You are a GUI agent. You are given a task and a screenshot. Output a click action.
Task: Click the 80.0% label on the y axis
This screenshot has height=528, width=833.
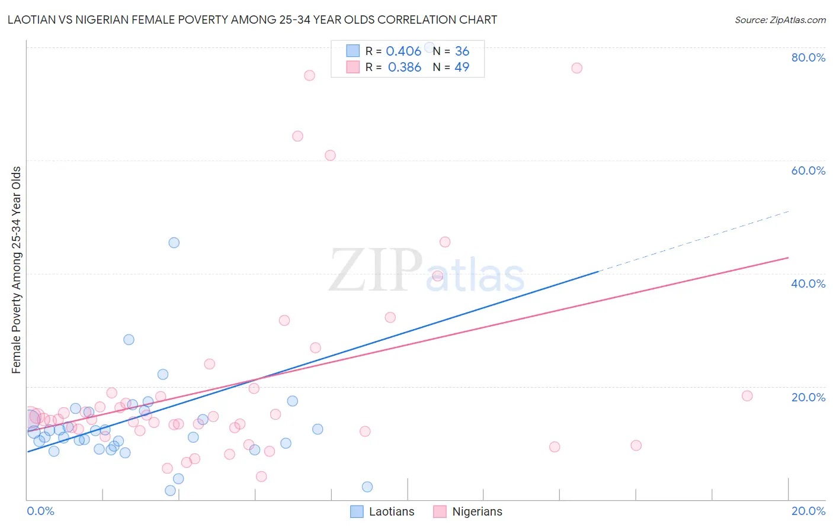808,57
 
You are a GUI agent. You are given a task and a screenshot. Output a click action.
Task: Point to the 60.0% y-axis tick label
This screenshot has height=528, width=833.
808,170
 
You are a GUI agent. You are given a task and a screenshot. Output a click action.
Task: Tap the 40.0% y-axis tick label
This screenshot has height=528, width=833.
808,284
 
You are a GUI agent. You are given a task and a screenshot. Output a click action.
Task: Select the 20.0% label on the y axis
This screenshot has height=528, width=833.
808,397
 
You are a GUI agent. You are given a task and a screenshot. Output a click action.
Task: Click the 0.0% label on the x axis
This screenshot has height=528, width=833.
40,511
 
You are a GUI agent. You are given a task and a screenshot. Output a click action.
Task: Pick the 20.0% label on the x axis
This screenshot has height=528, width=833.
808,511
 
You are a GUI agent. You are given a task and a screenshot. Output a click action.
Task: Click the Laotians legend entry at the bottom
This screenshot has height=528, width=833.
382,511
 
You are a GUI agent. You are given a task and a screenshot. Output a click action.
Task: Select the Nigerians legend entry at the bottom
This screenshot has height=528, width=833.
467,511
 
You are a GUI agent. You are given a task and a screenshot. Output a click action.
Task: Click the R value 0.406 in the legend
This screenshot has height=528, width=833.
403,51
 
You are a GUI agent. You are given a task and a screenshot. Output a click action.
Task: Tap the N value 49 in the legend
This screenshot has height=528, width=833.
462,67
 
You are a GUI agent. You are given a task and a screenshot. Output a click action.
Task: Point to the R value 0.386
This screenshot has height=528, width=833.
404,67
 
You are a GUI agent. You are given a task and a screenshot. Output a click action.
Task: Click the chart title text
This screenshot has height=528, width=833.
252,20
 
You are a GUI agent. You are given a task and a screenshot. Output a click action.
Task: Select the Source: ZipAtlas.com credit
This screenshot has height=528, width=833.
780,20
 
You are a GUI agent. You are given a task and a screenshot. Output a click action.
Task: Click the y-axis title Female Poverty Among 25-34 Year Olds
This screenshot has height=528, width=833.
17,270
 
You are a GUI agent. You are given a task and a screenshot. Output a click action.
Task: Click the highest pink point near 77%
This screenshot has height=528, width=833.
576,68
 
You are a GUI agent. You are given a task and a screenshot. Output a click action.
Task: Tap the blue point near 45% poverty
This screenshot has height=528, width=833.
174,243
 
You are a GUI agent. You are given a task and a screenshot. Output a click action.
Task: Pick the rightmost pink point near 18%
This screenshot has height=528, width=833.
747,396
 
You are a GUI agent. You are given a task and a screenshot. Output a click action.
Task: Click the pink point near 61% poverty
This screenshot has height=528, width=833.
330,156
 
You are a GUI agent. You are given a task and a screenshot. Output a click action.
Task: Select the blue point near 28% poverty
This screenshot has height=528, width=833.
129,340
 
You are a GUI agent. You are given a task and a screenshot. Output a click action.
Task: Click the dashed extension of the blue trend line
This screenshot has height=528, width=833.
693,241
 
